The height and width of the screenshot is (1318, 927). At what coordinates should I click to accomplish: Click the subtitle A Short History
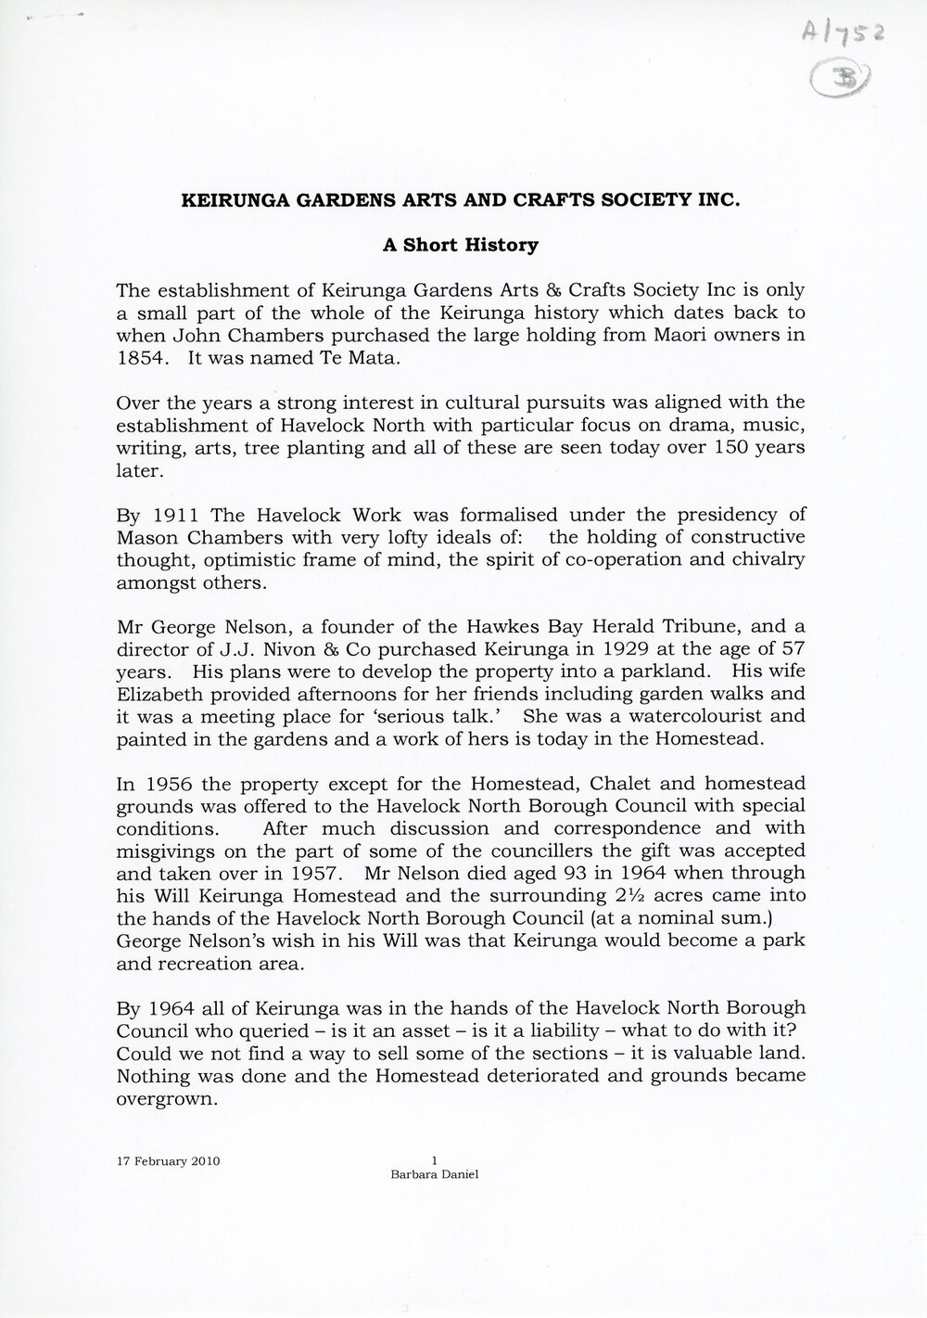pyautogui.click(x=461, y=246)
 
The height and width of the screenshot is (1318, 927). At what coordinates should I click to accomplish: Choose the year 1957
pyautogui.click(x=321, y=873)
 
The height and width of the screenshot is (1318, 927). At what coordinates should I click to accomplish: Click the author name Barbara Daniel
pyautogui.click(x=435, y=1173)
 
